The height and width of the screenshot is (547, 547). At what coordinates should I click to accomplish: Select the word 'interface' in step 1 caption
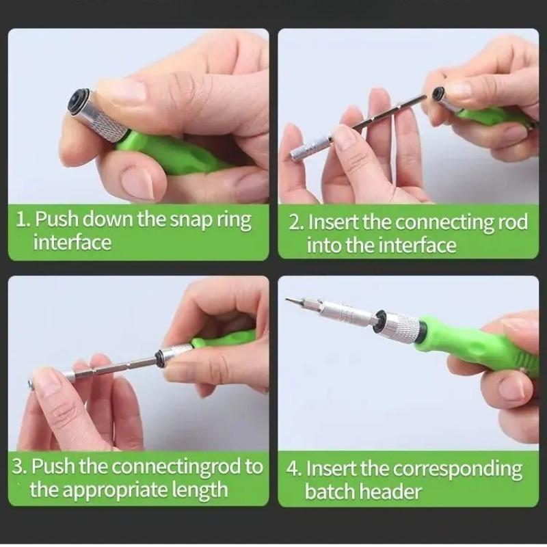(72, 243)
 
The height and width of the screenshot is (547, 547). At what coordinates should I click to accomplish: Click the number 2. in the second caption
(296, 223)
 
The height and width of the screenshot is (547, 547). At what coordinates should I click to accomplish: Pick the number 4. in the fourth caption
(295, 469)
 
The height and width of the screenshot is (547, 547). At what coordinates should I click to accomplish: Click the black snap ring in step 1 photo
(77, 101)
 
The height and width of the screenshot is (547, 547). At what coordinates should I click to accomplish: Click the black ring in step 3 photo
(159, 358)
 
